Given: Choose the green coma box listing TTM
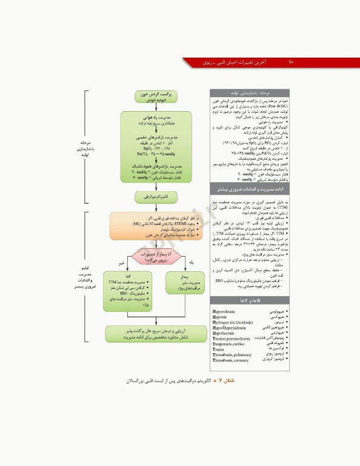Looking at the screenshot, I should coord(128,292).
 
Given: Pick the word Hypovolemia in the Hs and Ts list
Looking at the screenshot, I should coord(223,311).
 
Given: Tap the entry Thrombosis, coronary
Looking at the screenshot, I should coord(230,360).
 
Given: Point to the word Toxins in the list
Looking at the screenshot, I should coord(219,349).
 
